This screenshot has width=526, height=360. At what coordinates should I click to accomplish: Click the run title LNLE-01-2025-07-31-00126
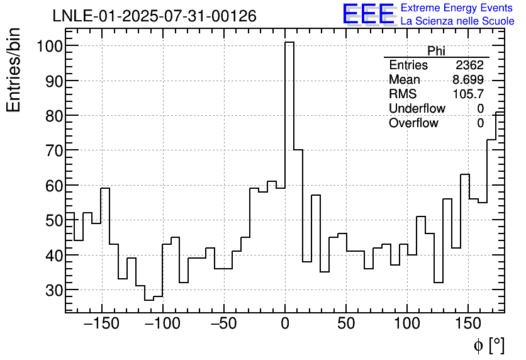click(154, 16)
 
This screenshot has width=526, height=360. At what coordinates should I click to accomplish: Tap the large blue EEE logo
click(368, 14)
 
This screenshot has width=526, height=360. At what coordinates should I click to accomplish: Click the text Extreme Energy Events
click(457, 8)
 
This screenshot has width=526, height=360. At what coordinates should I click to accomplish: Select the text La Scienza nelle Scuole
click(457, 21)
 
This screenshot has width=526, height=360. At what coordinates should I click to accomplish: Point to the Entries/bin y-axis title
click(14, 70)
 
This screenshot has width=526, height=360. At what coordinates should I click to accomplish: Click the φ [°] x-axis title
click(488, 345)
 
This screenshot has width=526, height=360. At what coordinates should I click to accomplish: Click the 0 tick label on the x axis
click(285, 324)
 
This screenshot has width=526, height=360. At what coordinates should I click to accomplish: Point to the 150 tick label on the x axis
click(468, 324)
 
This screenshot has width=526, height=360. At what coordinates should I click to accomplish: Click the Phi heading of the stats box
click(436, 51)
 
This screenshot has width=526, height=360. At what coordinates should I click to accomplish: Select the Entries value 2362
click(469, 65)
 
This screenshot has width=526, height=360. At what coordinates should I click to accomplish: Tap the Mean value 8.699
click(468, 80)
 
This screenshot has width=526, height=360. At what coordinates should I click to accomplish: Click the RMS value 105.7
click(468, 94)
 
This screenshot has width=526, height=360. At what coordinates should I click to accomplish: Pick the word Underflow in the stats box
click(417, 108)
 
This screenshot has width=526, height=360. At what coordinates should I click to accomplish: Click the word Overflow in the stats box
click(413, 123)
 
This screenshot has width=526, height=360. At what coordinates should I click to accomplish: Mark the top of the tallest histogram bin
click(289, 42)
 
